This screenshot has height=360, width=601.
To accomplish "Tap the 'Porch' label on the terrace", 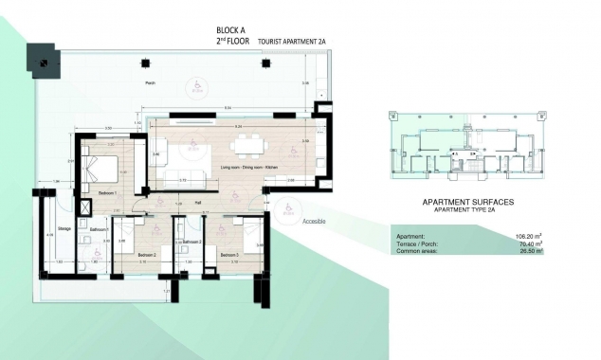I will point(150,82).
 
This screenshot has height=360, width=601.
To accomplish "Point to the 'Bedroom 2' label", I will point(145,255).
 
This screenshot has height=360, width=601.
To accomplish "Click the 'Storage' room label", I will point(64,227).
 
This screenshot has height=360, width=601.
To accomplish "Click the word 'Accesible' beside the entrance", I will point(313,221).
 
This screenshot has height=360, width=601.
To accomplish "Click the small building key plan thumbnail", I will point(464,147).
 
